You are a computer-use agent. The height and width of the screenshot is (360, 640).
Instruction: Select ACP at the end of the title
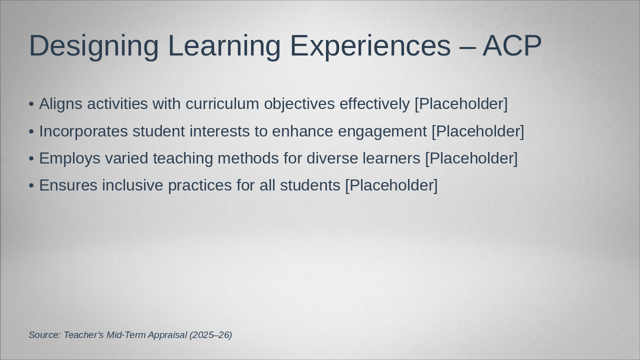click(512, 45)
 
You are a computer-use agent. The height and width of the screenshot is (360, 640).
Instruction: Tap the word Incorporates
click(83, 132)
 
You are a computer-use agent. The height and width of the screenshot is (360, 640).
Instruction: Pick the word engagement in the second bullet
click(382, 132)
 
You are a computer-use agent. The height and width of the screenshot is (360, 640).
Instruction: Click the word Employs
click(69, 159)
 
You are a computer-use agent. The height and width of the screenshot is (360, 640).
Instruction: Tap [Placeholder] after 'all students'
click(391, 185)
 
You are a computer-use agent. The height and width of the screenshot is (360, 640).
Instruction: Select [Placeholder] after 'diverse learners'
click(471, 159)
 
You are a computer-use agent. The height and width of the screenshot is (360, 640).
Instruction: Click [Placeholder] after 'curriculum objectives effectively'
click(461, 104)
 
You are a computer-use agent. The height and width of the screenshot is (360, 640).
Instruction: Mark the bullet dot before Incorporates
click(31, 132)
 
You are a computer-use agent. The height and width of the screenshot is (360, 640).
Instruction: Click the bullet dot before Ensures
click(31, 185)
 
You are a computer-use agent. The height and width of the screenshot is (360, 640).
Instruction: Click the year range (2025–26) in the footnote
click(211, 335)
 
